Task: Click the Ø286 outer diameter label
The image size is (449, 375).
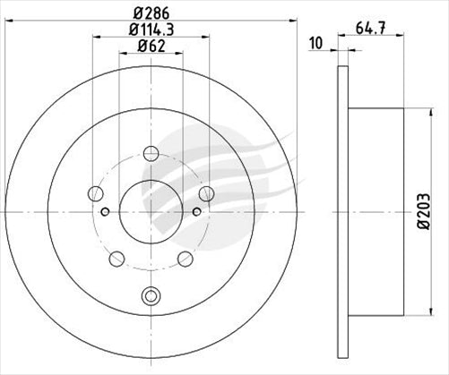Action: (x=151, y=13)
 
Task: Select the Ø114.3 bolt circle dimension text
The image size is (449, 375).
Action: (x=151, y=30)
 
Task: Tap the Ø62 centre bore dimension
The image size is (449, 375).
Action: (x=151, y=47)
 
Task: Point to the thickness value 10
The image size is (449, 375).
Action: (x=315, y=42)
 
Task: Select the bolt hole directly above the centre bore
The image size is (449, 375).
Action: (x=150, y=153)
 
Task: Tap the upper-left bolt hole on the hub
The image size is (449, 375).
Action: (x=95, y=192)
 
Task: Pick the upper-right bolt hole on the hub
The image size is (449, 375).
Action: (x=206, y=193)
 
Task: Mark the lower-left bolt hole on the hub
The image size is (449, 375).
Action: (x=116, y=259)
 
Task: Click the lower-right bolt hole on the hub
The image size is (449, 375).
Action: (x=185, y=259)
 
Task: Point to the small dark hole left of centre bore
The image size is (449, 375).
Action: (x=106, y=212)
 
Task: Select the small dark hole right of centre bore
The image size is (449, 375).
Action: (x=195, y=212)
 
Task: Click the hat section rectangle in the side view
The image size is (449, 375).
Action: (x=376, y=212)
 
